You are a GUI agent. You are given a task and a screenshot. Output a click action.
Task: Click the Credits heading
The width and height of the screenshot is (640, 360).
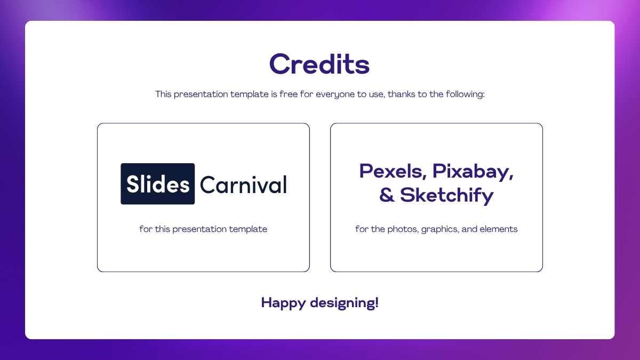click(x=319, y=64)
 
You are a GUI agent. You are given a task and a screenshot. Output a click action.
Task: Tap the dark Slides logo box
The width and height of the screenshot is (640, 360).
click(x=158, y=184)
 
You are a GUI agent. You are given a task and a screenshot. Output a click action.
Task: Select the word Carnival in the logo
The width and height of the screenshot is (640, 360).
click(x=243, y=185)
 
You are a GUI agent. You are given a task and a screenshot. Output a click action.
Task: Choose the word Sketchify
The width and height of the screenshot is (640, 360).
click(x=447, y=195)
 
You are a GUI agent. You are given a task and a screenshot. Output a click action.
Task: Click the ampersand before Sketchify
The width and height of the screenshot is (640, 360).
click(x=387, y=196)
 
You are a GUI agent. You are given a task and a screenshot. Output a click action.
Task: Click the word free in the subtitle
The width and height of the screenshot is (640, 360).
click(x=288, y=94)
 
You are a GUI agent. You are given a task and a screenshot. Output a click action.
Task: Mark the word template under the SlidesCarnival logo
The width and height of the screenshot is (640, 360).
click(x=248, y=229)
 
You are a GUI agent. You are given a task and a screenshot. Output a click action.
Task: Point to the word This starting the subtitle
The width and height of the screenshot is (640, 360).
click(x=163, y=94)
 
